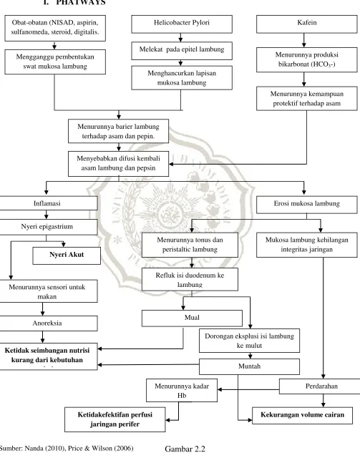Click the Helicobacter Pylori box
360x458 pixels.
tap(182, 24)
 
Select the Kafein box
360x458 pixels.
tap(306, 24)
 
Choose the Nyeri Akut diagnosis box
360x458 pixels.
tap(67, 255)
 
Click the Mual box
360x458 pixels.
tap(192, 318)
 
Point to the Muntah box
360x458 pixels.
tap(249, 366)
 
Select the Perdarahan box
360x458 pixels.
tap(320, 386)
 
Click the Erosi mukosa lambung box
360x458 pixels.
tap(306, 205)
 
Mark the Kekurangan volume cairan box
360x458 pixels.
tap(302, 415)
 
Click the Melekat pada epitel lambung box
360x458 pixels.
tap(182, 51)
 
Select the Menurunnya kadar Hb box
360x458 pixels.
tap(182, 391)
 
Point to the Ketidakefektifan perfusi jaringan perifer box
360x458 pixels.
tap(115, 419)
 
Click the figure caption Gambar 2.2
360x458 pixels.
tap(185, 449)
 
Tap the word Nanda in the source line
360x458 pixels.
tap(33, 448)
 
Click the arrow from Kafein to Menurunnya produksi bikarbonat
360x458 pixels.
tap(304, 40)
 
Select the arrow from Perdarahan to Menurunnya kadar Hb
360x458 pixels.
tap(248, 389)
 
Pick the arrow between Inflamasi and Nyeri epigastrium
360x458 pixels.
tap(47, 215)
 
